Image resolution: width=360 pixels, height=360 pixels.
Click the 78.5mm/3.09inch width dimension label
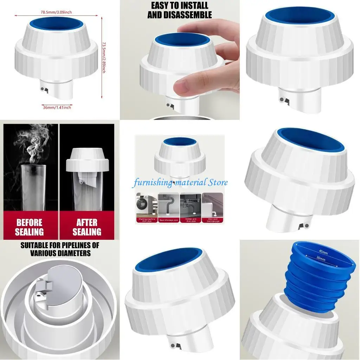pos(56,12)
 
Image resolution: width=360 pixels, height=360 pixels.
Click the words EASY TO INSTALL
pos(180,6)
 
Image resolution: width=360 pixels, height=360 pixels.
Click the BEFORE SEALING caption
pos(30,227)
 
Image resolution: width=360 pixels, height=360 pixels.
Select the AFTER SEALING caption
pos(87,227)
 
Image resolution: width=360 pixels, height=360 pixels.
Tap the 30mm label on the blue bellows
pos(320,258)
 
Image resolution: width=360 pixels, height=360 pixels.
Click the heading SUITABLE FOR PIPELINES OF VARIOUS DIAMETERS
pos(60,249)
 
